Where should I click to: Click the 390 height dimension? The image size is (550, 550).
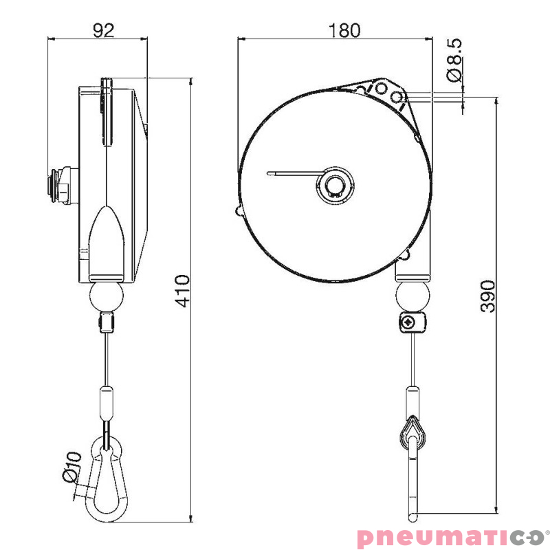[487, 296]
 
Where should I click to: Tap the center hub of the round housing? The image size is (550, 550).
[336, 185]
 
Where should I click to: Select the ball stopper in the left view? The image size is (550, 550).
[106, 297]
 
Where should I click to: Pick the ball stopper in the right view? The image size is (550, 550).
[412, 296]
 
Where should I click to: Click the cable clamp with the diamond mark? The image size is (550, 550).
[411, 322]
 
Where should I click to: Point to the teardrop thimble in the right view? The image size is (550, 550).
[411, 432]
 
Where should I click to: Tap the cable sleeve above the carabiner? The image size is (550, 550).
[106, 403]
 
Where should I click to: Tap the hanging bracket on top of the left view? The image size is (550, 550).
[107, 110]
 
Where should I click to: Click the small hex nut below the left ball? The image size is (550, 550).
[106, 322]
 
